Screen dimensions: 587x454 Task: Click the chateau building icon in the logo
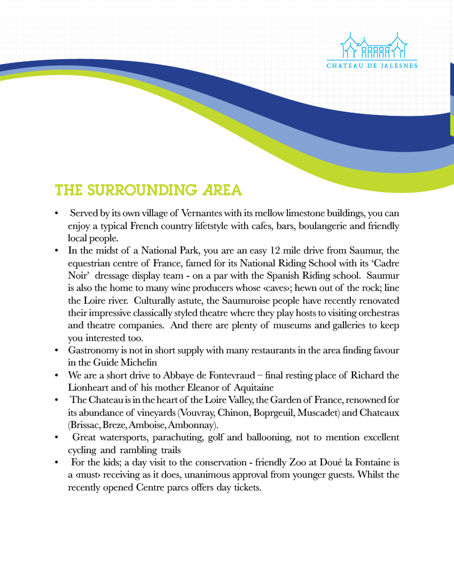click(x=372, y=46)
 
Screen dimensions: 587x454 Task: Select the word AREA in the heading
click(x=223, y=191)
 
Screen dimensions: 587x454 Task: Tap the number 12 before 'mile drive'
click(x=276, y=251)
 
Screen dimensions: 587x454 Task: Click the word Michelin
click(x=137, y=362)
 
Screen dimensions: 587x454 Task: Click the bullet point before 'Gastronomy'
click(x=56, y=351)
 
